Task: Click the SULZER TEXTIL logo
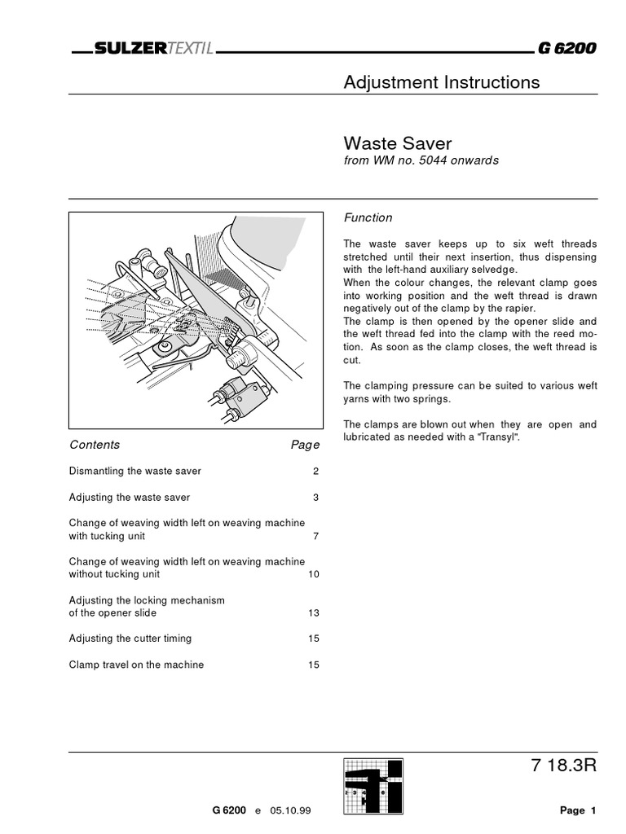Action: click(154, 49)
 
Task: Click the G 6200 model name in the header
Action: click(566, 49)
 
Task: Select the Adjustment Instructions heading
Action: click(441, 82)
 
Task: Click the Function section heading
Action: click(368, 217)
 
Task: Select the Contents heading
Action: click(95, 445)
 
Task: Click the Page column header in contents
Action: click(305, 446)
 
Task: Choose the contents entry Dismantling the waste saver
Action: click(135, 471)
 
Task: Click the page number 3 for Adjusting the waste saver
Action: click(315, 497)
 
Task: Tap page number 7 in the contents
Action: click(315, 536)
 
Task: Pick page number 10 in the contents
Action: click(313, 574)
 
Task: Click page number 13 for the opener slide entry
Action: click(313, 612)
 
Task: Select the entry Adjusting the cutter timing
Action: click(130, 639)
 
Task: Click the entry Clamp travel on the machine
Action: click(136, 665)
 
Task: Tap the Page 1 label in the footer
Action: click(578, 810)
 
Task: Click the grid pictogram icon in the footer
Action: click(373, 786)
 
